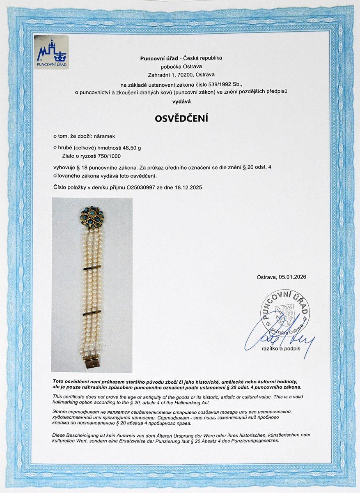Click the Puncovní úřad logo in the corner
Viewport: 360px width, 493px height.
coord(51,52)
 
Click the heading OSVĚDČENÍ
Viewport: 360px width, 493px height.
coord(181,119)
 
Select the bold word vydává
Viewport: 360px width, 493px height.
coord(181,100)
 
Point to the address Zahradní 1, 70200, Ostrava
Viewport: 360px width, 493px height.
coord(181,75)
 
